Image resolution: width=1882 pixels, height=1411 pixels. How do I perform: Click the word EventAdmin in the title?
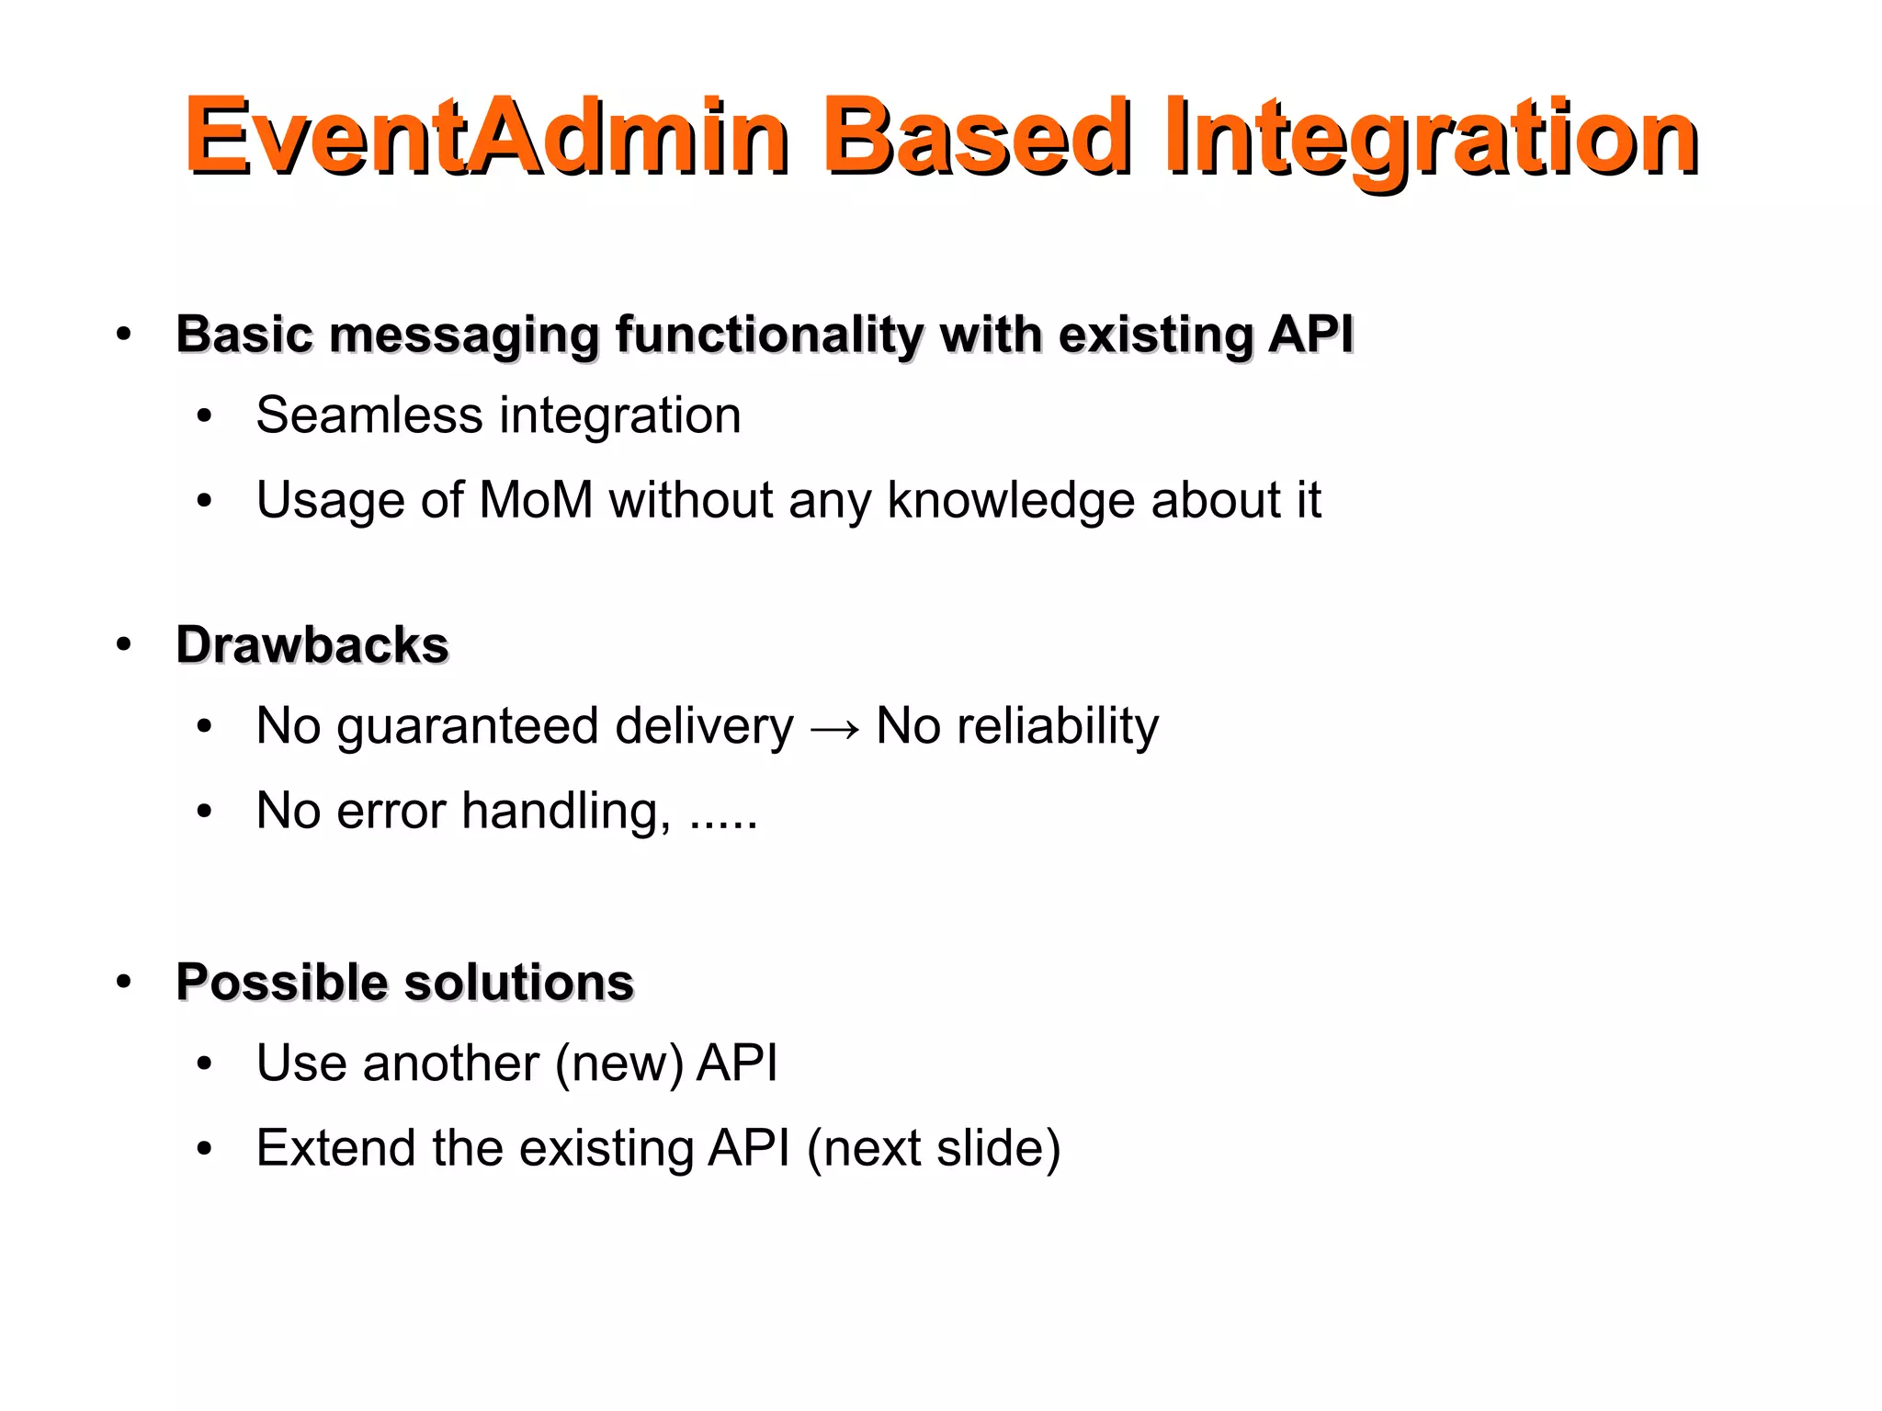pyautogui.click(x=485, y=136)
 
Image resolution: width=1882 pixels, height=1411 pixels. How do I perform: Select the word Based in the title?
pyautogui.click(x=976, y=136)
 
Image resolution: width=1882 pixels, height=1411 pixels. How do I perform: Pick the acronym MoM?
pyautogui.click(x=536, y=500)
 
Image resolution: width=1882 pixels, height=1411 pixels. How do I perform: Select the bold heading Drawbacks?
pyautogui.click(x=312, y=644)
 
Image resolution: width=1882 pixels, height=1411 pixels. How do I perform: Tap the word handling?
pyautogui.click(x=566, y=811)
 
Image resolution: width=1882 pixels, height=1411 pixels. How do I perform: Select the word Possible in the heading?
pyautogui.click(x=282, y=982)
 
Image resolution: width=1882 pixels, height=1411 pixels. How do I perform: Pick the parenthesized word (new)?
pyautogui.click(x=619, y=1064)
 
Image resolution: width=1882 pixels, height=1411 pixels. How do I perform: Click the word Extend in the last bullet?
pyautogui.click(x=335, y=1147)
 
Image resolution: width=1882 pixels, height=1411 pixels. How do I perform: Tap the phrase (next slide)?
pyautogui.click(x=934, y=1148)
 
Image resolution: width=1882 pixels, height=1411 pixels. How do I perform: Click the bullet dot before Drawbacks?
pyautogui.click(x=124, y=644)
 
